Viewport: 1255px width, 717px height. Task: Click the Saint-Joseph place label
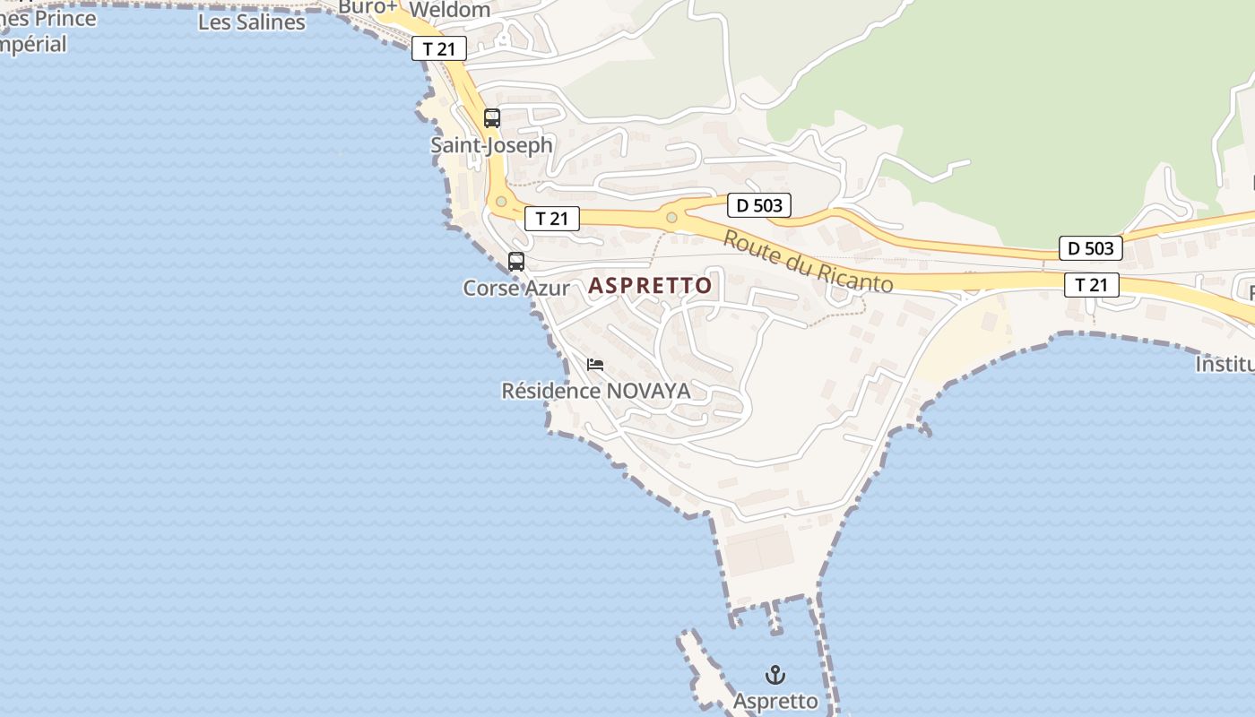coord(491,144)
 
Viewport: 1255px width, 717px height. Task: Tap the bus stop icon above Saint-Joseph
coord(491,117)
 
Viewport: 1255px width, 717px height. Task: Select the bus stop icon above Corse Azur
coord(516,262)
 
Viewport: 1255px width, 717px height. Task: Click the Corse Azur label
coord(516,288)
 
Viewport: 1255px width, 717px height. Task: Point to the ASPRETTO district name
coord(650,286)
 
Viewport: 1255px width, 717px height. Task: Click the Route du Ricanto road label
coord(808,262)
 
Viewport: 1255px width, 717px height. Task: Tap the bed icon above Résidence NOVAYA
coord(595,365)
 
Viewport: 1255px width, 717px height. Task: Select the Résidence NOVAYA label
coord(595,391)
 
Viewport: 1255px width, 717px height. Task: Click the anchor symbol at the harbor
coord(775,675)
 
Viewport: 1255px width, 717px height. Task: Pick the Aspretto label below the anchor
coord(775,701)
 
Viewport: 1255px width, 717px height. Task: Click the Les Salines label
coord(251,22)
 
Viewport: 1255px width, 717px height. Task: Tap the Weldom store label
coord(449,10)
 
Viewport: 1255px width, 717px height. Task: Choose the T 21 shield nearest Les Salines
coord(439,49)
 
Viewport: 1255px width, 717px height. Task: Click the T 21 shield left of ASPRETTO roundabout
coord(552,219)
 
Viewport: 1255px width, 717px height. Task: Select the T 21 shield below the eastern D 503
coord(1092,285)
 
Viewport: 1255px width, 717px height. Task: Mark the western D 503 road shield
coord(759,205)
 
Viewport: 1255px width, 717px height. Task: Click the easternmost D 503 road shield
coord(1090,248)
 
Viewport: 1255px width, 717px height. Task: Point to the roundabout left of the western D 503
coord(671,217)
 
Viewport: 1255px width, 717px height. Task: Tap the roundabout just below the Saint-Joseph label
coord(501,202)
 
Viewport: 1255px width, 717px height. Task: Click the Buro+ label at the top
coord(368,7)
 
